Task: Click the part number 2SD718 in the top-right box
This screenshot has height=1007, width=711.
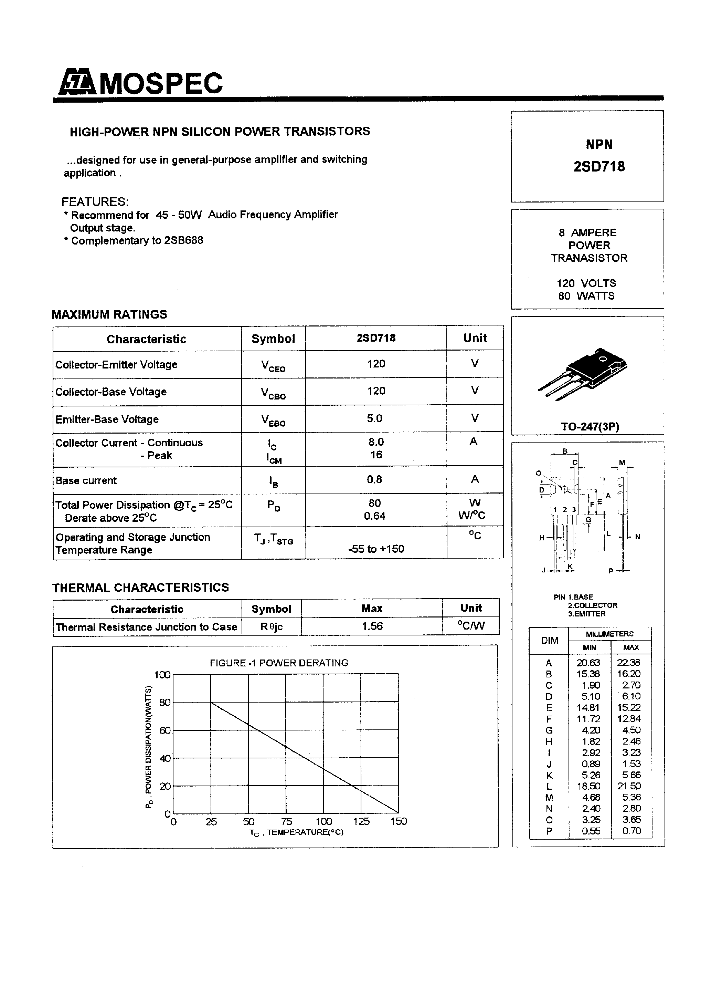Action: (x=599, y=167)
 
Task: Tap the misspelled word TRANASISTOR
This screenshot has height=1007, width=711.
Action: (x=589, y=258)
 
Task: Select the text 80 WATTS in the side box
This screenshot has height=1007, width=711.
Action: (x=586, y=296)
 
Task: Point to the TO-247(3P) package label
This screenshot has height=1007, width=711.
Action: (x=590, y=427)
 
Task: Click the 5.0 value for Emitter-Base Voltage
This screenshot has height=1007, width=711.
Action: (x=374, y=418)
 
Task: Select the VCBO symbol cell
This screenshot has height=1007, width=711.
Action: (x=273, y=393)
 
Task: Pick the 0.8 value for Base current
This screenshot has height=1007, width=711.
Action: (x=374, y=479)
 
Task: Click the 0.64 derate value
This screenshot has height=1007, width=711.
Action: (x=374, y=516)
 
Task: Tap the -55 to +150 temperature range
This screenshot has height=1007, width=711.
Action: (x=376, y=549)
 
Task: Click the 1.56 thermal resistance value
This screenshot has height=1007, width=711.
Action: (x=372, y=626)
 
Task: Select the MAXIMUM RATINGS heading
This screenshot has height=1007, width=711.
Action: (x=109, y=314)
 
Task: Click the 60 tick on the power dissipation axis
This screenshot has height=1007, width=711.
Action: (x=165, y=730)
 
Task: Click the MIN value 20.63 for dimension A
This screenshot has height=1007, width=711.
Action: (x=588, y=663)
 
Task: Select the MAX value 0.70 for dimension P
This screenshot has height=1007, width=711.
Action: (x=631, y=831)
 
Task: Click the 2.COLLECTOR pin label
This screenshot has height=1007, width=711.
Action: (x=592, y=605)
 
